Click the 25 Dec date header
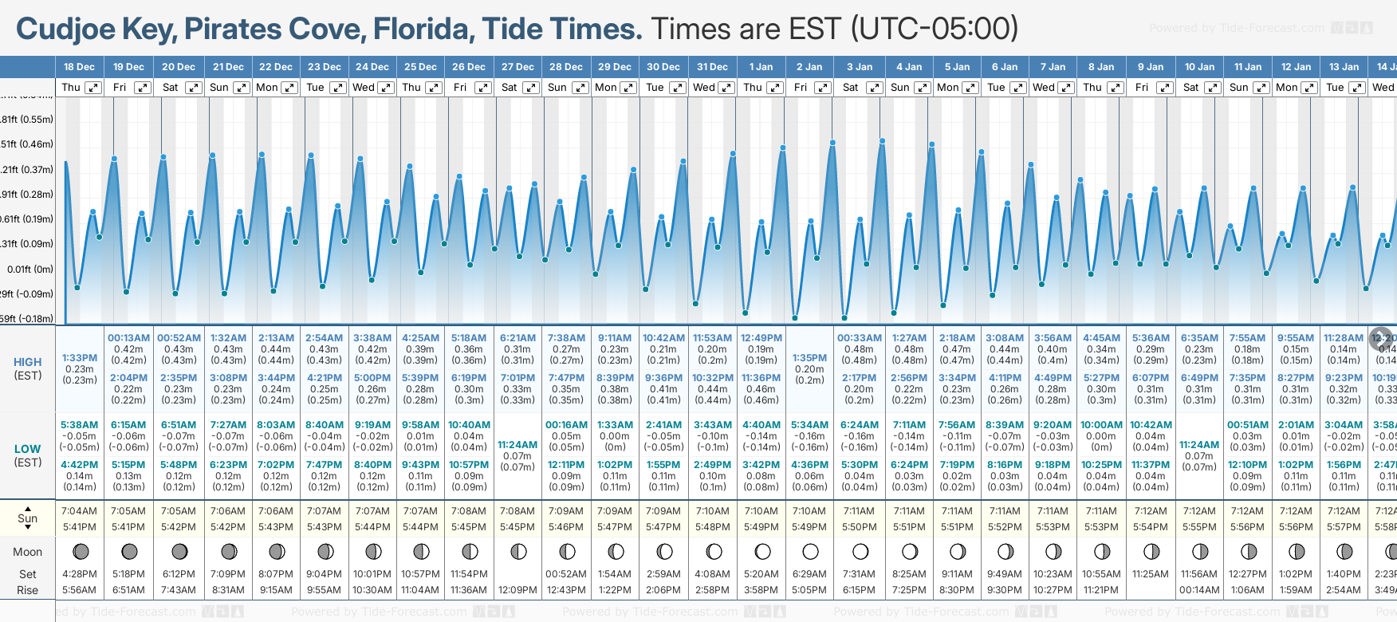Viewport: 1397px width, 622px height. pos(420,67)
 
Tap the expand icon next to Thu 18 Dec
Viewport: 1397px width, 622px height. pos(93,88)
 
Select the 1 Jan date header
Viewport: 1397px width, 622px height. pos(761,67)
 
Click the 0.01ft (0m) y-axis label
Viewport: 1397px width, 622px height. pos(30,270)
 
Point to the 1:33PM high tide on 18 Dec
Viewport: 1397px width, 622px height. pos(80,358)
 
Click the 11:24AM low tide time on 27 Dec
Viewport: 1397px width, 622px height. pos(517,445)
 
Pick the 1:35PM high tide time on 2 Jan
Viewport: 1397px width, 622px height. pos(809,358)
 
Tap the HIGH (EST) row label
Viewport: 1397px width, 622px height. pos(28,368)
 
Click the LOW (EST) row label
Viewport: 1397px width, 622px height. pos(28,455)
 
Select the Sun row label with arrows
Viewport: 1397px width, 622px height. pos(28,518)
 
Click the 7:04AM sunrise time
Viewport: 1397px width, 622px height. pos(80,511)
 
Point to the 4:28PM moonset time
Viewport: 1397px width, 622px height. pos(80,574)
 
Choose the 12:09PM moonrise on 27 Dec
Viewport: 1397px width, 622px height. pos(517,590)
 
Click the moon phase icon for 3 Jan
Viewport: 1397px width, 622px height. pos(860,551)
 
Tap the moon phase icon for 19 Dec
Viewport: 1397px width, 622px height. pos(129,551)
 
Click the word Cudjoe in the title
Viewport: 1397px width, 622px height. pos(68,30)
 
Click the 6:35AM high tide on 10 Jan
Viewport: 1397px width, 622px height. pos(1199,338)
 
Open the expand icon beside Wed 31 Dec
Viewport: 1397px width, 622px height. pos(726,88)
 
